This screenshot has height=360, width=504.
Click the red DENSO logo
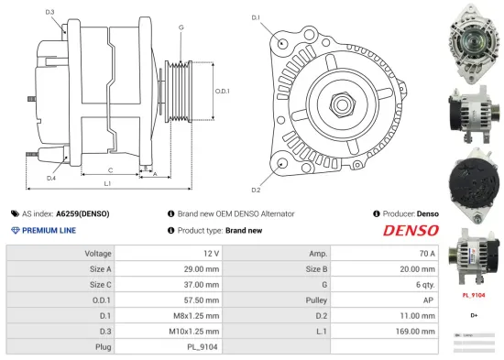tap(410, 230)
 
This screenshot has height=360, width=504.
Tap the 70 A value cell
tap(426, 253)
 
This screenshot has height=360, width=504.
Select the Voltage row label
tap(98, 253)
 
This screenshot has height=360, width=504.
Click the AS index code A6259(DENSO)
tap(82, 213)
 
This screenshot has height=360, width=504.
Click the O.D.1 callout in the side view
tap(222, 91)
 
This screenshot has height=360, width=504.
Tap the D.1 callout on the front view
tap(256, 17)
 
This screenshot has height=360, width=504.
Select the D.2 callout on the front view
tap(256, 190)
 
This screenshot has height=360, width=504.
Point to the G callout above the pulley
tap(181, 28)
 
